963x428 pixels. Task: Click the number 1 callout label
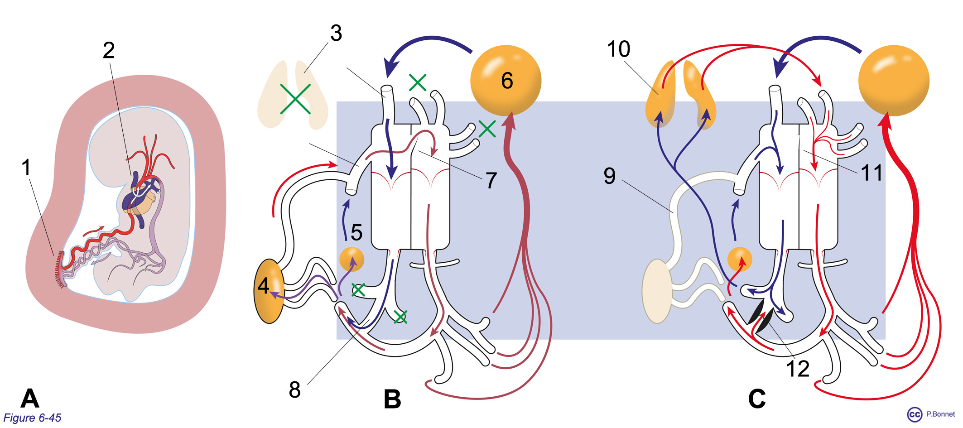pyautogui.click(x=26, y=167)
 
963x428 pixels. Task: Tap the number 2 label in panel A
pyautogui.click(x=109, y=50)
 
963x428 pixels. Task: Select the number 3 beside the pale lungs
pyautogui.click(x=336, y=33)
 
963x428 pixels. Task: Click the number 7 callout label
pyautogui.click(x=491, y=180)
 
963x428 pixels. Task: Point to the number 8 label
pyautogui.click(x=295, y=390)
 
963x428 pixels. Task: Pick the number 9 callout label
pyautogui.click(x=610, y=176)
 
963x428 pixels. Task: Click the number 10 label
pyautogui.click(x=618, y=49)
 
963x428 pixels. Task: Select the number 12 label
pyautogui.click(x=798, y=369)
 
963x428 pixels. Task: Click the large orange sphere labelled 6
pyautogui.click(x=506, y=80)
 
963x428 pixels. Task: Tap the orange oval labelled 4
pyautogui.click(x=270, y=291)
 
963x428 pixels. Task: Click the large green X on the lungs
pyautogui.click(x=295, y=98)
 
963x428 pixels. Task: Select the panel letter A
pyautogui.click(x=30, y=398)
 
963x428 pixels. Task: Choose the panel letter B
pyautogui.click(x=392, y=399)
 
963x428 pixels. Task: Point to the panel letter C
pyautogui.click(x=757, y=399)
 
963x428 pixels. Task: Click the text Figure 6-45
pyautogui.click(x=32, y=418)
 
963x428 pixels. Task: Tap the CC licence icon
pyautogui.click(x=915, y=414)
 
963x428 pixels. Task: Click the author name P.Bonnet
pyautogui.click(x=940, y=414)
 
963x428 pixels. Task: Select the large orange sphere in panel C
pyautogui.click(x=894, y=80)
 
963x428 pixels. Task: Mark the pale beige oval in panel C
pyautogui.click(x=657, y=291)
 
